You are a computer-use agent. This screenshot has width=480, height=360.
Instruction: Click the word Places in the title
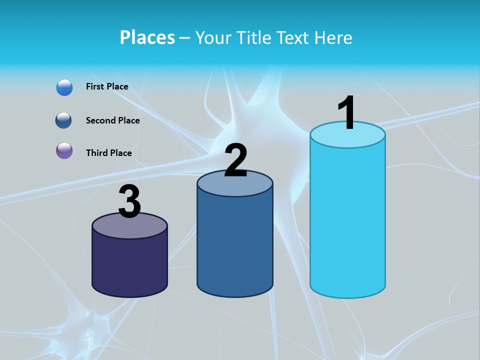point(147,37)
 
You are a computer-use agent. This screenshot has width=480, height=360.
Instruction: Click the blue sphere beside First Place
point(64,87)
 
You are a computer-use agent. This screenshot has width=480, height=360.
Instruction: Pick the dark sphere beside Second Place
point(64,120)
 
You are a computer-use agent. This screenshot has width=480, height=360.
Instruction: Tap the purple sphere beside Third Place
point(64,150)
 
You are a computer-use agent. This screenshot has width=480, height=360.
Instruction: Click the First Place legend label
point(107,86)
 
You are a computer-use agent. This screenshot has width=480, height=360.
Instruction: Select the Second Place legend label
point(112,120)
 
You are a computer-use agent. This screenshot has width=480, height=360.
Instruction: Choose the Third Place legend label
point(108,153)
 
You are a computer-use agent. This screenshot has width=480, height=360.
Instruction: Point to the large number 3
point(129,201)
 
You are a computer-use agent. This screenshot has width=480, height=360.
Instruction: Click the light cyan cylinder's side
point(347,220)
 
